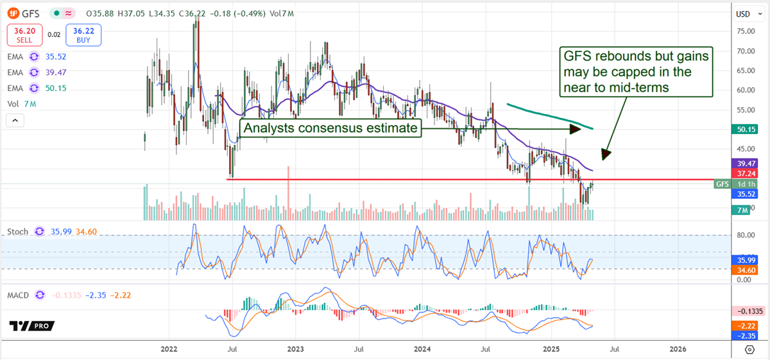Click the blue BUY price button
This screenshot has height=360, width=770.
pos(87,35)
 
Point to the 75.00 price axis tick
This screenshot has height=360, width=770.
pos(745,31)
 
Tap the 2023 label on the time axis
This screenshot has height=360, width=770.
pos(296,349)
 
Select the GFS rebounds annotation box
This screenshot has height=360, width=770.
pos(636,72)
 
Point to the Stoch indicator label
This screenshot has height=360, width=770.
pos(17,231)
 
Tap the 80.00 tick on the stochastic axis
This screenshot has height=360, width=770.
pos(745,235)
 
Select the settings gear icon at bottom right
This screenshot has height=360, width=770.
pos(749,349)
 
